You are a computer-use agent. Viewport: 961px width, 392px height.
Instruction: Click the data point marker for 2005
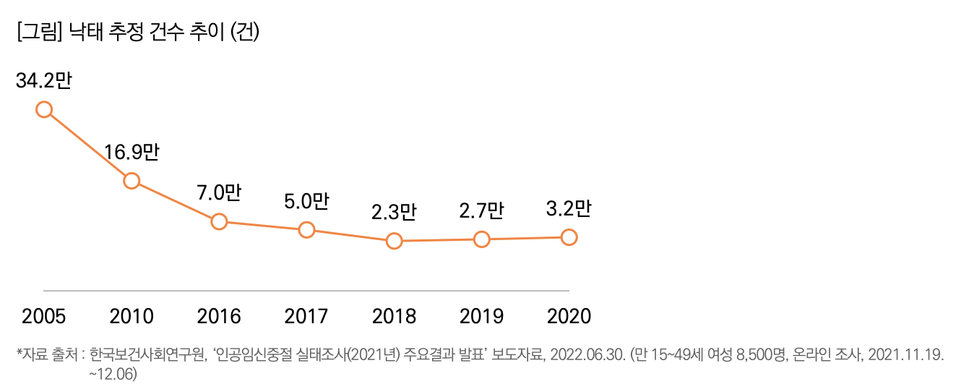coord(44,109)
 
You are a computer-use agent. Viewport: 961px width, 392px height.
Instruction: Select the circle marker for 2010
coord(132,180)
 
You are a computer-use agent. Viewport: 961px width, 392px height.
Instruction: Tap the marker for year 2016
coord(219,221)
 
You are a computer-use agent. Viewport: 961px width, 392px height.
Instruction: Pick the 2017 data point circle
coord(306,230)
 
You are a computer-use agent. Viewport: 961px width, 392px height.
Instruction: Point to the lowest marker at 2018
coord(394,241)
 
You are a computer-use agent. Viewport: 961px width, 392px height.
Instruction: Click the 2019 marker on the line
coord(482,239)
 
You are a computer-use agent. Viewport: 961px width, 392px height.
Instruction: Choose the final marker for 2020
coord(569,237)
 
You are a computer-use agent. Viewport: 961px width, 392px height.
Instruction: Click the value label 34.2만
coord(43,81)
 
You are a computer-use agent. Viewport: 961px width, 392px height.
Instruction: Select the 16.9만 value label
coord(131,153)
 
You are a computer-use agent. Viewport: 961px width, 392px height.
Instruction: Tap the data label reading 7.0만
coord(218,193)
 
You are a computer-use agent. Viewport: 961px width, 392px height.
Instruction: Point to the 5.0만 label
coord(306,202)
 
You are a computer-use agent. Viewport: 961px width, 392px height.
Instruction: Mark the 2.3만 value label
coord(394,213)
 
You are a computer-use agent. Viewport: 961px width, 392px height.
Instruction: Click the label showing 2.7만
coord(481,211)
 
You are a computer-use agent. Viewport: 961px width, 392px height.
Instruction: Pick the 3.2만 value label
coord(569,209)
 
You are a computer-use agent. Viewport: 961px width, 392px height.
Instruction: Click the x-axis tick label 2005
coord(44,316)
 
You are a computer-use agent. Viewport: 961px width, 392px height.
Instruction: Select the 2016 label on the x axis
coord(219,316)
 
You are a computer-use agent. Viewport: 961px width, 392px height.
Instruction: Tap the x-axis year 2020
coord(569,316)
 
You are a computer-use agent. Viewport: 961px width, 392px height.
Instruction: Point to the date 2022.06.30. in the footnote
coord(587,354)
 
